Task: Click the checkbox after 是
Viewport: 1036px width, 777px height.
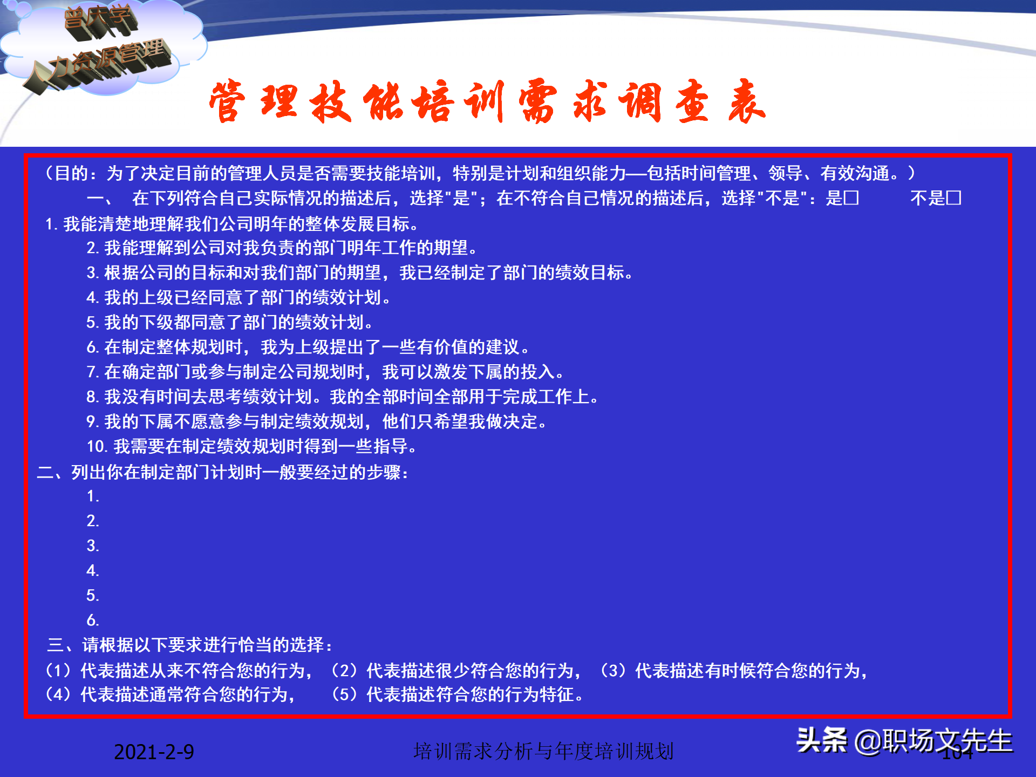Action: pos(851,197)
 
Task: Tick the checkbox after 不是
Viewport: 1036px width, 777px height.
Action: pos(953,197)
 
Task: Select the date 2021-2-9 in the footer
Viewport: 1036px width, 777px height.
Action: pos(154,752)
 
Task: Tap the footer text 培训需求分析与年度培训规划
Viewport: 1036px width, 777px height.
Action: pos(543,751)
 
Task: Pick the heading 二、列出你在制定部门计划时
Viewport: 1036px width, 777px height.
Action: pos(223,472)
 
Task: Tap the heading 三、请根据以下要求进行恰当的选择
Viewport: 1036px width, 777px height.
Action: pos(190,645)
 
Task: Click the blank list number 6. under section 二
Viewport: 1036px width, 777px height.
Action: pos(93,620)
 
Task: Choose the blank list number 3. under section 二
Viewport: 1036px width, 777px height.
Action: pos(93,546)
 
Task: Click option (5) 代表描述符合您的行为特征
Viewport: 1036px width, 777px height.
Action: pos(458,694)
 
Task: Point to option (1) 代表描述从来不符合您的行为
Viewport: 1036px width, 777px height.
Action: pos(179,671)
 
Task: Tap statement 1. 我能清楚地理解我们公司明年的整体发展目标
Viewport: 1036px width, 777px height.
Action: pos(232,223)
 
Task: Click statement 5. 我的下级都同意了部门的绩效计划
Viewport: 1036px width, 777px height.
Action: pos(229,322)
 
